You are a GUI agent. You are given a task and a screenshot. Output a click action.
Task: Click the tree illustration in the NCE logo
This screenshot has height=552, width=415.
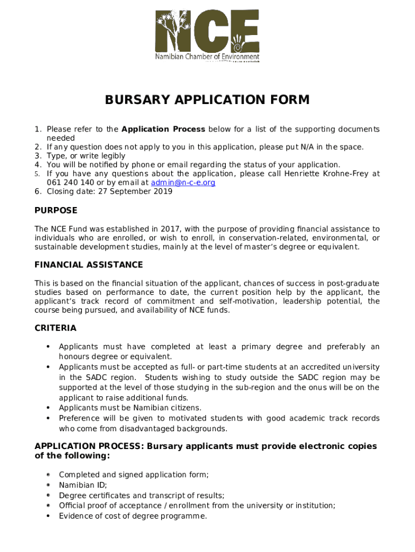173,30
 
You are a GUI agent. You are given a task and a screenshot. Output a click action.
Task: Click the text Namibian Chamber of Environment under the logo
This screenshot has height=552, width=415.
207,57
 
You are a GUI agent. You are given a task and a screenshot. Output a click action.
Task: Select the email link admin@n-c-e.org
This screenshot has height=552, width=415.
183,183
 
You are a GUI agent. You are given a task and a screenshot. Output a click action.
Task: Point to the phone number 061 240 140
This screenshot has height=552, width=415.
70,183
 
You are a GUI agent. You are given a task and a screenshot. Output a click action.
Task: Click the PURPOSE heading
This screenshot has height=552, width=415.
56,210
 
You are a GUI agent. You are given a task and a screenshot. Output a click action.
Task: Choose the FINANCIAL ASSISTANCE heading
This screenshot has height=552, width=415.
89,265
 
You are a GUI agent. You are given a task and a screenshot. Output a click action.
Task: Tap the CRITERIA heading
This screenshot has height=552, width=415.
56,328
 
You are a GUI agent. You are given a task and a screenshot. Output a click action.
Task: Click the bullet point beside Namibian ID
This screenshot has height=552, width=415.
49,485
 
